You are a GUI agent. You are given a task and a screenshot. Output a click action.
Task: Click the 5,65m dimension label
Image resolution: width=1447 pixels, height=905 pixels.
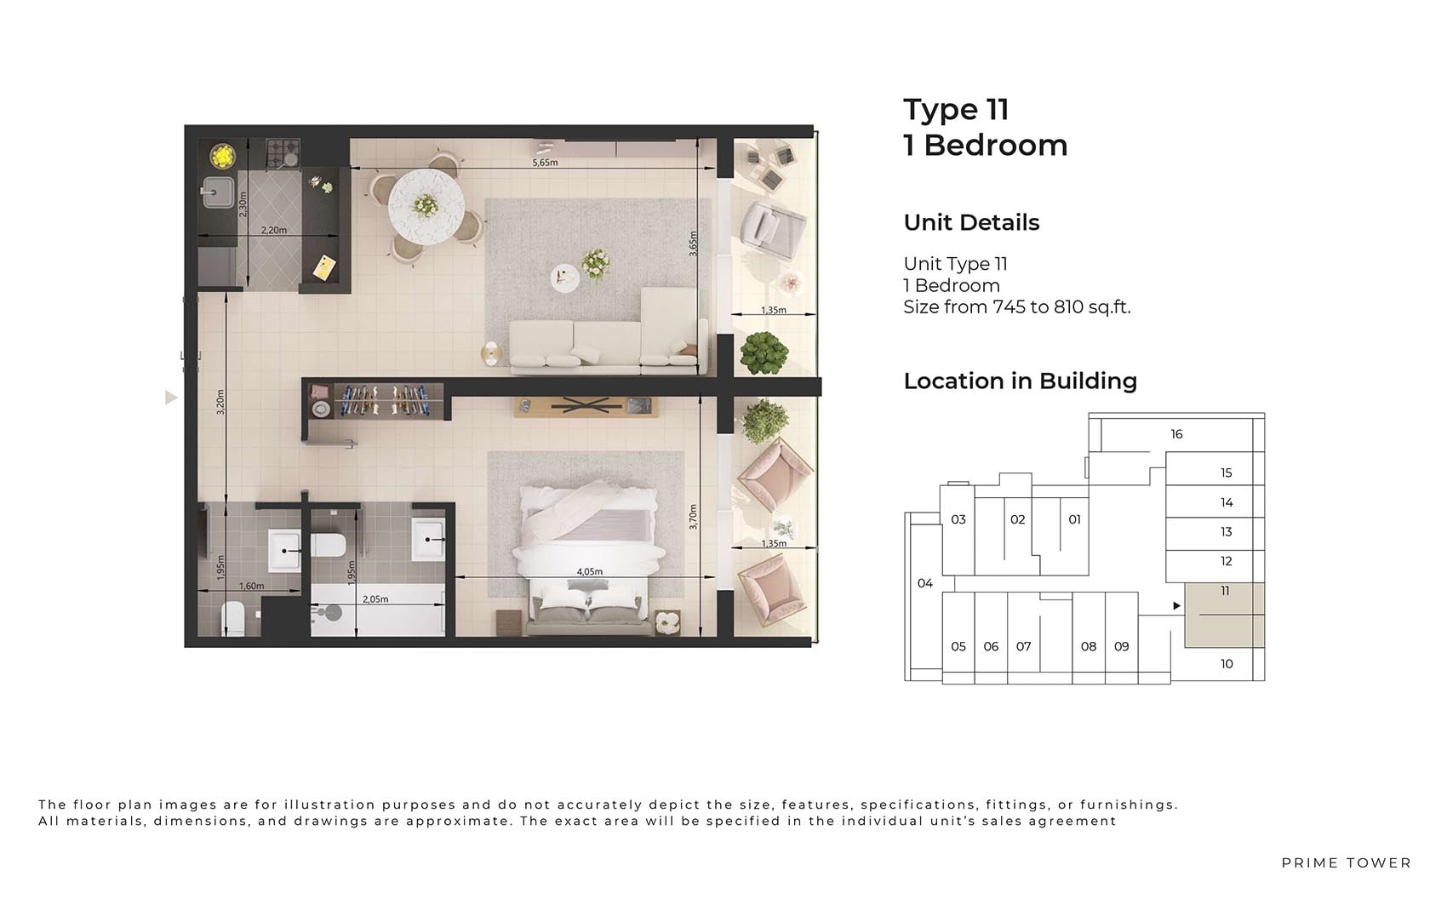pyautogui.click(x=545, y=162)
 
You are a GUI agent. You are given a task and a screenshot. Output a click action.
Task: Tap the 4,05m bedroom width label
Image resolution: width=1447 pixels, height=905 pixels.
pyautogui.click(x=589, y=571)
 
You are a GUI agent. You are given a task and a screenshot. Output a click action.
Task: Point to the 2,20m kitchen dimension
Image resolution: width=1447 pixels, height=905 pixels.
pyautogui.click(x=274, y=230)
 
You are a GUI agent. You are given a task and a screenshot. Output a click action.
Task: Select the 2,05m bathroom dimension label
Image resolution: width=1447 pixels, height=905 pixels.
pyautogui.click(x=375, y=599)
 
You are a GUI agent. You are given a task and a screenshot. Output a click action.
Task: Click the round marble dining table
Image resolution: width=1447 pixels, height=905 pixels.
pyautogui.click(x=426, y=207)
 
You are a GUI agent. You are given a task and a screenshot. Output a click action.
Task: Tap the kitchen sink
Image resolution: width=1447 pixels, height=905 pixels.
pyautogui.click(x=218, y=192)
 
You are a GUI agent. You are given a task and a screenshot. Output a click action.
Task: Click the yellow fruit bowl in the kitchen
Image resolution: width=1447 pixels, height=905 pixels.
pyautogui.click(x=222, y=156)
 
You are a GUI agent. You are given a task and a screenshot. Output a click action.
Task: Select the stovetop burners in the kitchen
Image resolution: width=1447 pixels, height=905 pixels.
pyautogui.click(x=283, y=154)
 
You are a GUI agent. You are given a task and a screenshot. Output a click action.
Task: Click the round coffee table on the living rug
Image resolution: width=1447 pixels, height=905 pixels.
pyautogui.click(x=565, y=278)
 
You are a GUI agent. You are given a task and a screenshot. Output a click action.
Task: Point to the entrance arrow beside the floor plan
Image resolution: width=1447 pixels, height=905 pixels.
pyautogui.click(x=170, y=398)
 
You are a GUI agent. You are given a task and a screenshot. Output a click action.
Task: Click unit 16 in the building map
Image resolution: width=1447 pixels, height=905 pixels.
pyautogui.click(x=1176, y=434)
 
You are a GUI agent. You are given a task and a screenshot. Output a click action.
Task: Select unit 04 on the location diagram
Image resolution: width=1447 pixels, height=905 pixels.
pyautogui.click(x=925, y=583)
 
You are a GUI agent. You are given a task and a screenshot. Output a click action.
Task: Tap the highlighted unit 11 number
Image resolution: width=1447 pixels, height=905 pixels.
pyautogui.click(x=1225, y=590)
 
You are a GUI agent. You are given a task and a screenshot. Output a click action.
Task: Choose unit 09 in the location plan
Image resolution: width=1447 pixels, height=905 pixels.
pyautogui.click(x=1122, y=646)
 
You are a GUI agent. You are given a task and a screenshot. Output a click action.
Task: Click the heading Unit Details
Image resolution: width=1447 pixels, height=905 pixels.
pyautogui.click(x=971, y=222)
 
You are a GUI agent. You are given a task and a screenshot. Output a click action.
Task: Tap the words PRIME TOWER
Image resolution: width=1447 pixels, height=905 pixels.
pyautogui.click(x=1347, y=863)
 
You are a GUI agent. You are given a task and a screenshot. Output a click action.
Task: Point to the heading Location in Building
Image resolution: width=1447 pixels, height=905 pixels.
pyautogui.click(x=1020, y=381)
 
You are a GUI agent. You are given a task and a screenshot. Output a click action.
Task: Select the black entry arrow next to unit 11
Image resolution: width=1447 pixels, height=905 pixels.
pyautogui.click(x=1177, y=606)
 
